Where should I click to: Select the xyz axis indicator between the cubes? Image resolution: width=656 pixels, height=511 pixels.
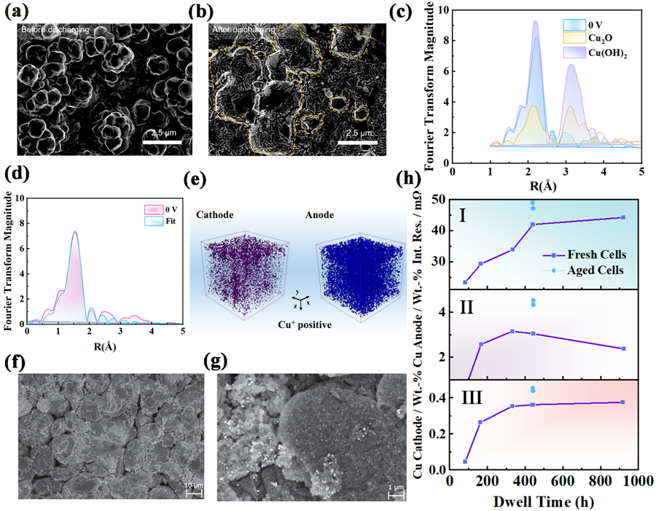300,300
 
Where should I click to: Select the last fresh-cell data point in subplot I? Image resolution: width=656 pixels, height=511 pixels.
622,217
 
